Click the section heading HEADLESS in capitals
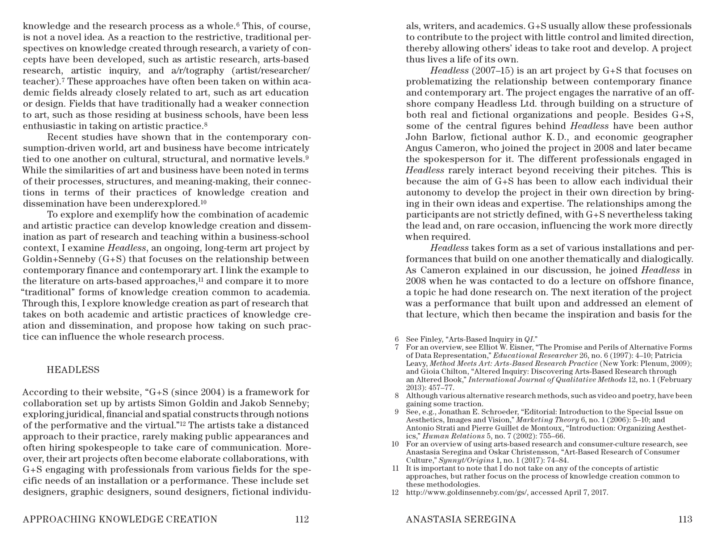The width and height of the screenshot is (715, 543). (x=73, y=370)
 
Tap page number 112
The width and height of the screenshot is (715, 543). (x=302, y=519)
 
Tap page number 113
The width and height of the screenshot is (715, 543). (x=685, y=519)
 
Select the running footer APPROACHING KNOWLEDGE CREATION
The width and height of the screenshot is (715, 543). (x=120, y=519)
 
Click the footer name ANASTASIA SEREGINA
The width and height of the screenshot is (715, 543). (x=461, y=519)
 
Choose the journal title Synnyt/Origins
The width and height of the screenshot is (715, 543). (x=467, y=460)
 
